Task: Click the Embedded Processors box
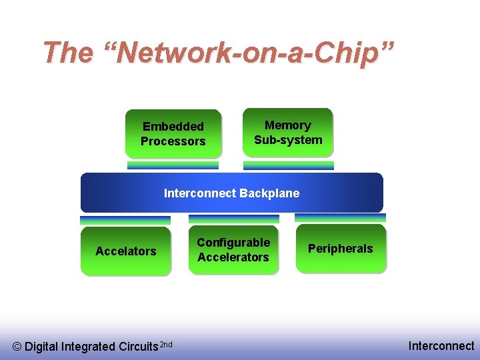click(173, 133)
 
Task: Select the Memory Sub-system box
click(288, 132)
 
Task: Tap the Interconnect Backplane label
click(231, 193)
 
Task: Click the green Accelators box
click(125, 251)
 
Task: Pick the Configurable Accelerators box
click(233, 250)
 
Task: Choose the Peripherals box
click(341, 249)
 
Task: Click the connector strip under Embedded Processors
click(173, 165)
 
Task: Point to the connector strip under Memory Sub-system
click(288, 165)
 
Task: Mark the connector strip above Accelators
click(125, 220)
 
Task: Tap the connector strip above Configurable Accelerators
click(233, 219)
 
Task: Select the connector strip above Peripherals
click(340, 218)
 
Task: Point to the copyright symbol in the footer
click(17, 347)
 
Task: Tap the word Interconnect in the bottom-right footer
click(441, 345)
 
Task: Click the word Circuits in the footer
click(138, 347)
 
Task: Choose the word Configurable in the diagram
click(233, 243)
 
